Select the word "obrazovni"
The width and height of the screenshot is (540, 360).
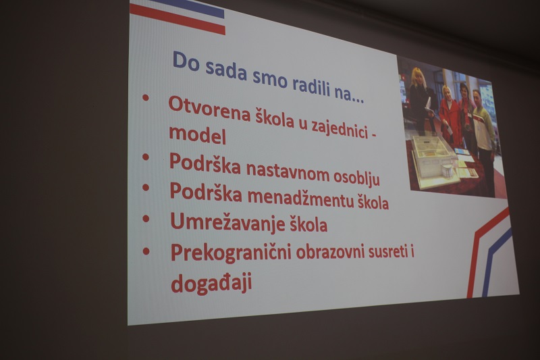coord(330,252)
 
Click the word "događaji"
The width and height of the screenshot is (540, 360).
coord(211,282)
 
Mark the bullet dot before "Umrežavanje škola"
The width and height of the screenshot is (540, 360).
coord(146,218)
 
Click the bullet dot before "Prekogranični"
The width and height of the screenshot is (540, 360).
coord(146,251)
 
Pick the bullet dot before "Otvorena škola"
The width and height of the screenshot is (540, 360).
coord(145,97)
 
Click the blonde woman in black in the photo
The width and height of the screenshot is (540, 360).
coord(419,100)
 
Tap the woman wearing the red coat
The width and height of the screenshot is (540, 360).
coord(450,116)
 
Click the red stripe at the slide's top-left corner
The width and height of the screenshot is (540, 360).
coord(178,19)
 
